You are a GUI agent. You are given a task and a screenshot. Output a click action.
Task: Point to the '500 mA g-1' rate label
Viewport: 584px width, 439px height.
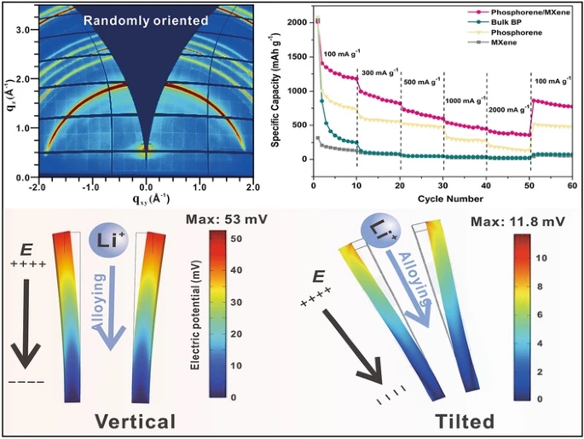[420, 82]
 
